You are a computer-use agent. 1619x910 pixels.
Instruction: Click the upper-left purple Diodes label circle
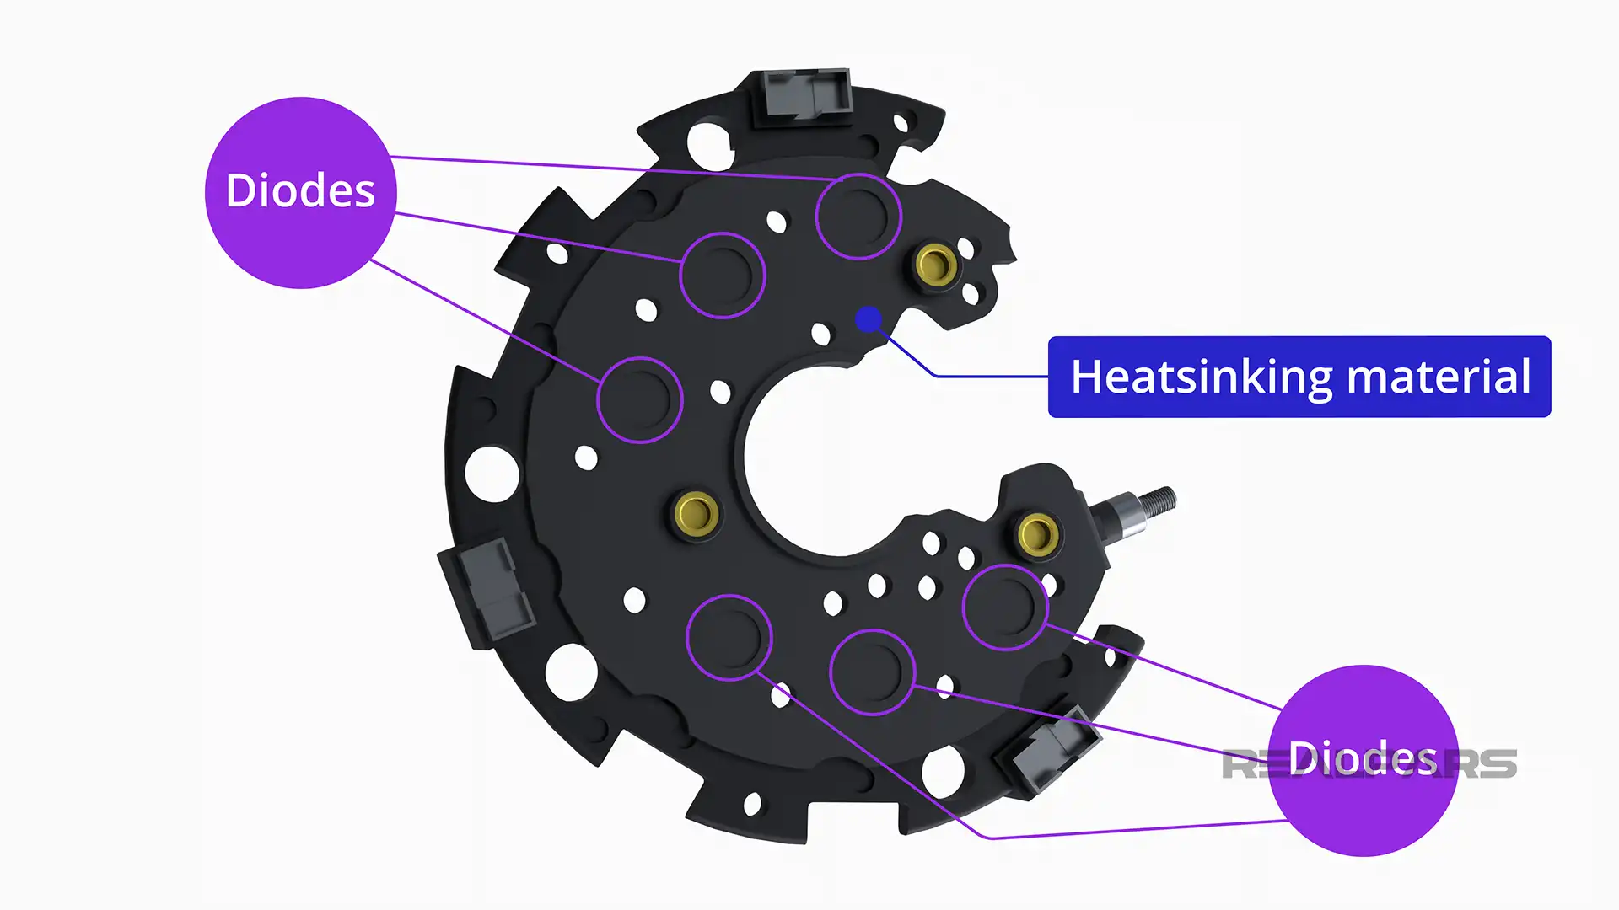pos(300,192)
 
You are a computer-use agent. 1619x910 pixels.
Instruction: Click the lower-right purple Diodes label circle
pos(1363,760)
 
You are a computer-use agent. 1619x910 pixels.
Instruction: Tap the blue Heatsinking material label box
pos(1299,377)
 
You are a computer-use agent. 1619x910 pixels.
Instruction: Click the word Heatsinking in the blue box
pos(1201,377)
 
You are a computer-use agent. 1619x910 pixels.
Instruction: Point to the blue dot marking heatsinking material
pos(869,319)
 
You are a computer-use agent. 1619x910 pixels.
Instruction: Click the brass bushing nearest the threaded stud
pos(1038,533)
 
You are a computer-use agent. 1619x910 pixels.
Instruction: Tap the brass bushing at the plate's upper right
pos(936,265)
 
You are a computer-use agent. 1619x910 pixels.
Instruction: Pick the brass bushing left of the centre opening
pos(696,511)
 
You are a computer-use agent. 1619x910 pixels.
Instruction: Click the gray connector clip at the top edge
pos(804,94)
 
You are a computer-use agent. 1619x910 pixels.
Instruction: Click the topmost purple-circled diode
pos(858,216)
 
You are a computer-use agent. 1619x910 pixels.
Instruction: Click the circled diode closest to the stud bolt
pos(1004,607)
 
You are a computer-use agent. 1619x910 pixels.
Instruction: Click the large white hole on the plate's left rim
pos(492,474)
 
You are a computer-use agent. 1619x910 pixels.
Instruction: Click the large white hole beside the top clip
pos(709,145)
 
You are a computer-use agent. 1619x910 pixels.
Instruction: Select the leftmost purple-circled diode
pos(639,399)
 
